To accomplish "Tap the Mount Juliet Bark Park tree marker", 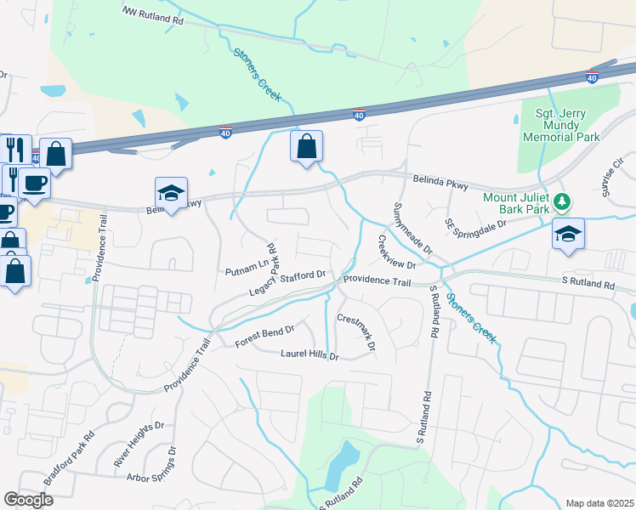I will pyautogui.click(x=561, y=202).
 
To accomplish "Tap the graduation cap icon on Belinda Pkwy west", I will pyautogui.click(x=171, y=194).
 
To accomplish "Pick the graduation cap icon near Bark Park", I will pyautogui.click(x=568, y=235).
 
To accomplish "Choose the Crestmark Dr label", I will pyautogui.click(x=356, y=332).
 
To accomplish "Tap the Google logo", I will pyautogui.click(x=28, y=499).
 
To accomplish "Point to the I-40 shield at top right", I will pyautogui.click(x=592, y=76).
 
